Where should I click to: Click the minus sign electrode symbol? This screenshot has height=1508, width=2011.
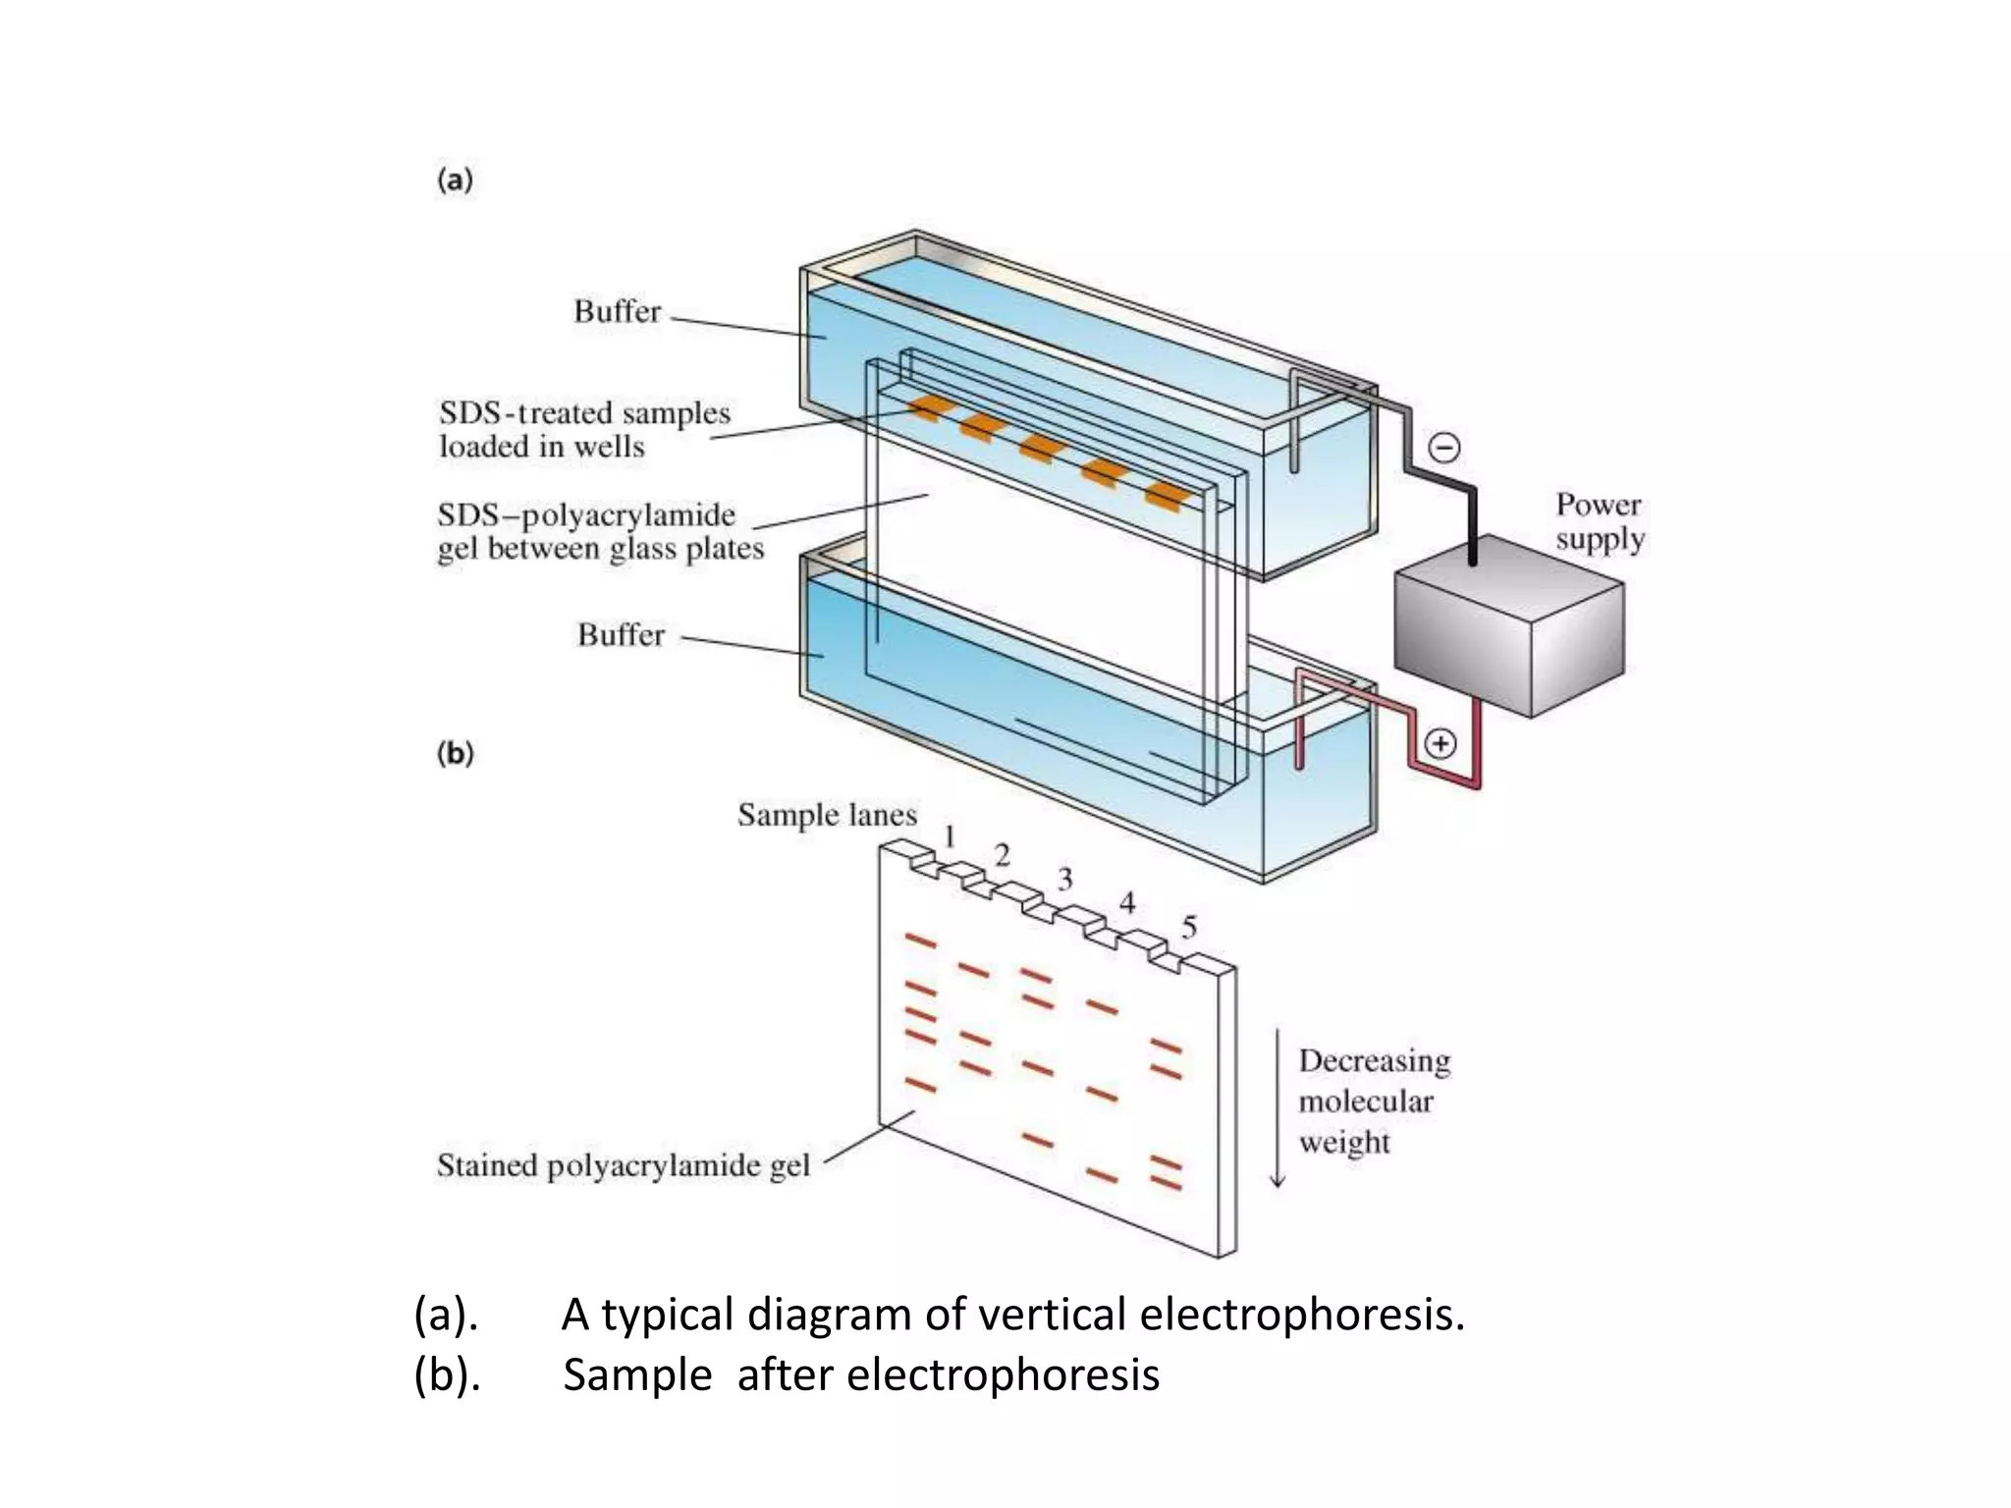[1443, 449]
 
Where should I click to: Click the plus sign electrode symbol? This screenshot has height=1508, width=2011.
[1440, 744]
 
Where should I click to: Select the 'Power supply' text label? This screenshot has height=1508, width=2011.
[1600, 521]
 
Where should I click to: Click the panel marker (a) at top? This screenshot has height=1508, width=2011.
[455, 181]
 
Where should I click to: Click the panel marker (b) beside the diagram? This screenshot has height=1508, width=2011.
[455, 754]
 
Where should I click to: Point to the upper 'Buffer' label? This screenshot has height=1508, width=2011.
[618, 312]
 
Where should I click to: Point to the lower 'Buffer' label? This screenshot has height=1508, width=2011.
[621, 635]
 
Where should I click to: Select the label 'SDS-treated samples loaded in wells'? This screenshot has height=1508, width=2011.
[584, 430]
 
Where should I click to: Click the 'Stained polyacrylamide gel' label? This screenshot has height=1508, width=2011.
[623, 1165]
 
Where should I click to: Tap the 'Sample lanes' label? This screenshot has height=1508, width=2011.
[827, 815]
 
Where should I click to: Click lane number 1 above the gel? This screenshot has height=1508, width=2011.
[950, 836]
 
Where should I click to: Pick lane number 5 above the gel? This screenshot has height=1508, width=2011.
[1189, 927]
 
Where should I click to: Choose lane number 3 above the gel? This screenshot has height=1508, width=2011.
[1065, 880]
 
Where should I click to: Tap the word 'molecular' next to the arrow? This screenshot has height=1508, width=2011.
[1365, 1102]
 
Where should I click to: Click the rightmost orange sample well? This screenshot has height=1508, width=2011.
[1167, 496]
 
